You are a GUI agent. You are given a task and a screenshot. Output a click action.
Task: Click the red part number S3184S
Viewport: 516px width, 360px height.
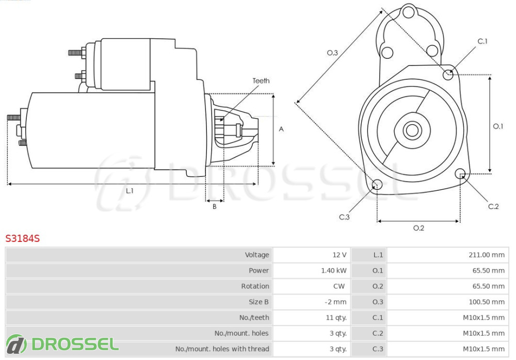[x=22, y=238]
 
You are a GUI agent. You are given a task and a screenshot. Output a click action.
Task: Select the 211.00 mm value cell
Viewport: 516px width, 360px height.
[x=487, y=255]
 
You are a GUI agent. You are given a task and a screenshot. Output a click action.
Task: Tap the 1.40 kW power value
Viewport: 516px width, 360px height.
[x=334, y=270]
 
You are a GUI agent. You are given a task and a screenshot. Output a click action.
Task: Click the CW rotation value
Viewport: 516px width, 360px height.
[x=339, y=286]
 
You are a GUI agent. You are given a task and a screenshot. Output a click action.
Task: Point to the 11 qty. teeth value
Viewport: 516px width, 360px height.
[x=336, y=318]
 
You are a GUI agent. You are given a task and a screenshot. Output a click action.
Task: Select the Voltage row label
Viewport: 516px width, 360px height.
[x=257, y=255]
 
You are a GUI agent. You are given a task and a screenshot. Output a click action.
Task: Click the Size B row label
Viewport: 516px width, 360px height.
[x=259, y=302]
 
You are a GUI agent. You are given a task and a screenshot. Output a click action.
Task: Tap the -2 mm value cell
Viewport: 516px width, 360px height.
[x=336, y=302]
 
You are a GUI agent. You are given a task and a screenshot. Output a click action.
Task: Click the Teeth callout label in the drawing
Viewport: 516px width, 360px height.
[x=261, y=80]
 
